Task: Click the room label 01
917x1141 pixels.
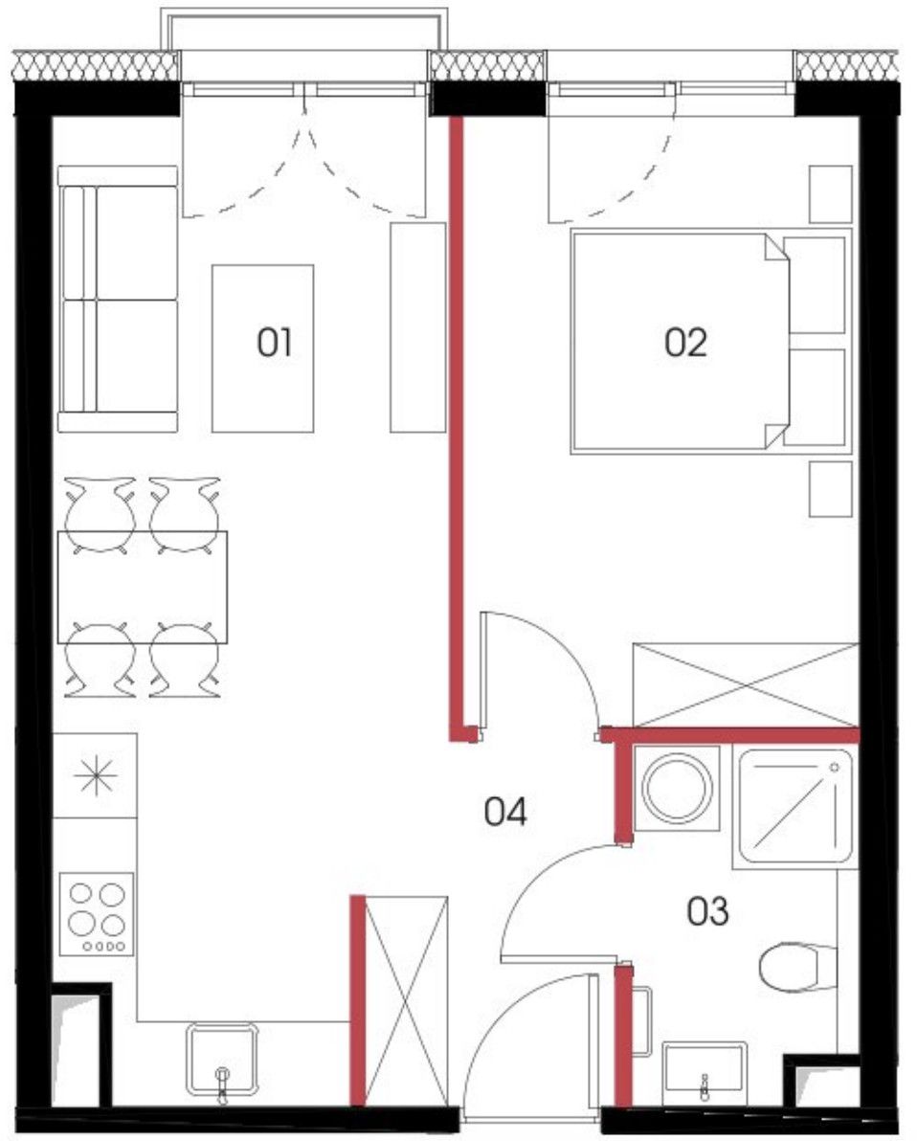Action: (x=275, y=342)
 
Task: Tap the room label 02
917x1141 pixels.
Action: (x=685, y=342)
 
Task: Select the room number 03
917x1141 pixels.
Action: (x=707, y=911)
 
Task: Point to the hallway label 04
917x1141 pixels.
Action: (x=505, y=812)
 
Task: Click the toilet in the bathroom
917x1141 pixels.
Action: (x=797, y=967)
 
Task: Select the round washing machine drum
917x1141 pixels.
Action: (x=677, y=788)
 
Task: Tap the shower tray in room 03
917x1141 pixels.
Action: (x=795, y=806)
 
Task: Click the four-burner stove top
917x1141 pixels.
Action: (x=97, y=914)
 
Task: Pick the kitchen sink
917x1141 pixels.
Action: (x=223, y=1059)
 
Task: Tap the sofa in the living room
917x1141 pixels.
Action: (x=118, y=299)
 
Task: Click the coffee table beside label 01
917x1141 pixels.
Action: (x=262, y=348)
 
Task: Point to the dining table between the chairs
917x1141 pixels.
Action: (x=143, y=587)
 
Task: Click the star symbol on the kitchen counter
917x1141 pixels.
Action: (x=96, y=775)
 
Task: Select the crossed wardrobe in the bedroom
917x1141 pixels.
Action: (x=746, y=684)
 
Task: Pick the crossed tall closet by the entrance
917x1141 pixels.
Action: (x=405, y=1001)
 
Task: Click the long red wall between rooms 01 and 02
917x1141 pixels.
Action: (x=458, y=428)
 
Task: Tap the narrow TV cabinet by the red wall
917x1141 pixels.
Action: (x=417, y=327)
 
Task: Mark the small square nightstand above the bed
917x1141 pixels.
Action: (x=831, y=194)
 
